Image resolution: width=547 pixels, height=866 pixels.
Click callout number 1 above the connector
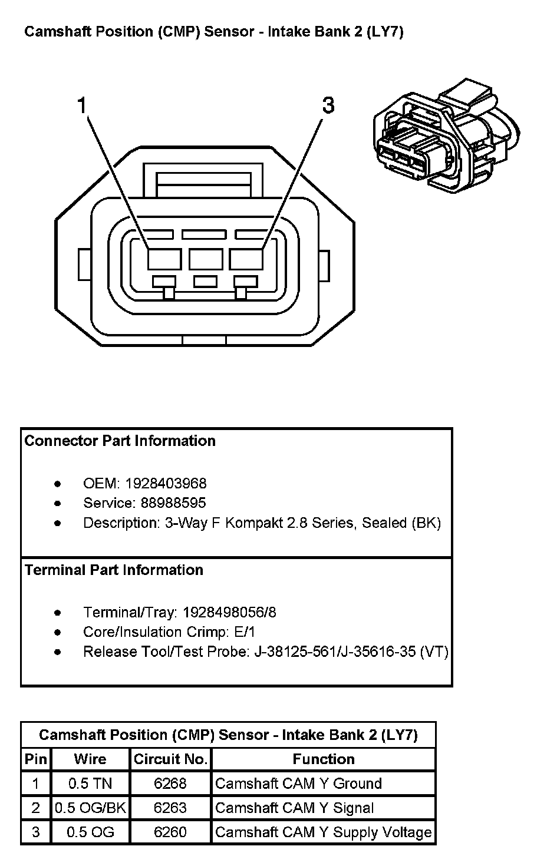pos(82,106)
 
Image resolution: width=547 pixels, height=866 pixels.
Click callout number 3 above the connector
pos(328,106)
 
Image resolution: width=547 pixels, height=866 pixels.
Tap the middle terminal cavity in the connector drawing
pos(206,259)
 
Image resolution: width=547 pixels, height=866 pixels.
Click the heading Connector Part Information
pos(120,441)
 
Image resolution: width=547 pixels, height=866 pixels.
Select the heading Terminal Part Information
pos(114,570)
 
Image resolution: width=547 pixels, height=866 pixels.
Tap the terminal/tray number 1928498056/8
pos(229,613)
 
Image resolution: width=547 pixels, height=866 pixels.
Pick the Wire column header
pos(90,759)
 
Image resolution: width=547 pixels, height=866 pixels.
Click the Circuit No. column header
pos(170,759)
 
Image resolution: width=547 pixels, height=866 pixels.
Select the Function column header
pos(324,759)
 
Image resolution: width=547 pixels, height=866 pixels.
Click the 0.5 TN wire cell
pos(90,784)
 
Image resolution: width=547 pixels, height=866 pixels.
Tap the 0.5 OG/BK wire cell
pos(90,808)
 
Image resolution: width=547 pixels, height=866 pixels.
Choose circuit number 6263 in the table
pos(170,808)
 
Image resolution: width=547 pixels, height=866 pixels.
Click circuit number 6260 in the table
pos(170,832)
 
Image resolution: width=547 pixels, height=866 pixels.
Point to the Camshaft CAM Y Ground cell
pos(298,784)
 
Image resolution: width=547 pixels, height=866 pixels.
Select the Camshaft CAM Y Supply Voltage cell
pos(323,832)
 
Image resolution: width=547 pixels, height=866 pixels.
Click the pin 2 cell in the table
pos(36,808)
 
